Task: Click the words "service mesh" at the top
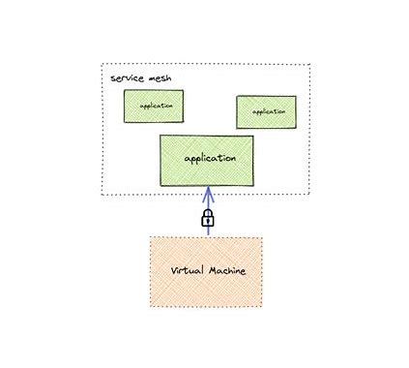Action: (x=134, y=77)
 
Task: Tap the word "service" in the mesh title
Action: (x=124, y=77)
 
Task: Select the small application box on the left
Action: (x=153, y=106)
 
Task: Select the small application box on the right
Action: (x=266, y=111)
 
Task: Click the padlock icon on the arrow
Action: (x=206, y=219)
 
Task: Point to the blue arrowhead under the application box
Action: (x=206, y=189)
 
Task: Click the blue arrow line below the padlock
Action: (x=206, y=231)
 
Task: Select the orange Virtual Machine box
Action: (x=205, y=271)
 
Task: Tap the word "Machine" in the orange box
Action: (x=225, y=271)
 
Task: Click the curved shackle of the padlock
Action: (x=206, y=212)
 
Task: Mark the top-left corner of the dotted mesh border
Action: (x=102, y=65)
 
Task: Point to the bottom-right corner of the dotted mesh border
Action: (x=308, y=195)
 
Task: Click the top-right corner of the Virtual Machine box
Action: (x=261, y=237)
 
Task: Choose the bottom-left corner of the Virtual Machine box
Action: (x=150, y=306)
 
